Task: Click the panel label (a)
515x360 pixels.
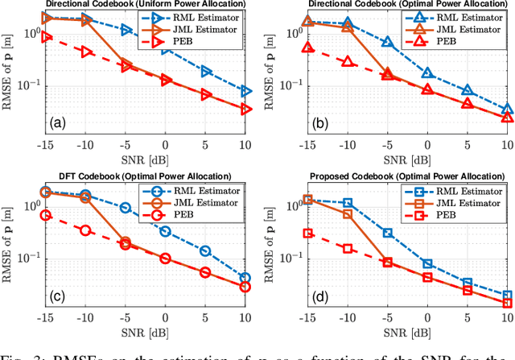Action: [56, 123]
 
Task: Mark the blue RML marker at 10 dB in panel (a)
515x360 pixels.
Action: [246, 91]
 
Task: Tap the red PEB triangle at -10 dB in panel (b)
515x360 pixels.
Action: [347, 61]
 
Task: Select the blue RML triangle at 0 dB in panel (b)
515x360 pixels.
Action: [427, 73]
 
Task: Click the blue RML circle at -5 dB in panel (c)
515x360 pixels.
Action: [126, 207]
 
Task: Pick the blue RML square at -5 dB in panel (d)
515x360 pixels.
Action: [387, 233]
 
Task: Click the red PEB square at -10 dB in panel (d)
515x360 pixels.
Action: [347, 248]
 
